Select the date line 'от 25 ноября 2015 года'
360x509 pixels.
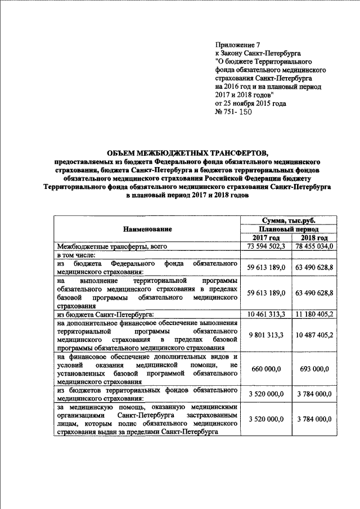point(251,103)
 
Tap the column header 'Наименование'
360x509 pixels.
point(148,229)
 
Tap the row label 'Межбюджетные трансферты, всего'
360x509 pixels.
point(112,246)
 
